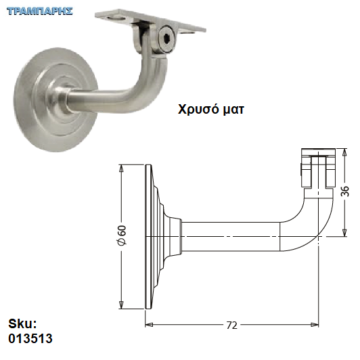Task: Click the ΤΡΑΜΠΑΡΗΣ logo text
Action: tap(40, 11)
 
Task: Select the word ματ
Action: tap(233, 110)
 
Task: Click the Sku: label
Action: tap(22, 323)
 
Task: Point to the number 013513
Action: tap(30, 338)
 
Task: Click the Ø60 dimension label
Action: tap(122, 235)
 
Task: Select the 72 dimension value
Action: tap(231, 325)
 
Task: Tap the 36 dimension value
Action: tap(344, 192)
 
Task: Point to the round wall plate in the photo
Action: tap(55, 100)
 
